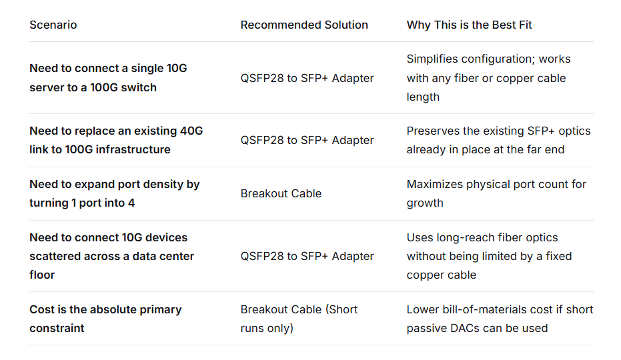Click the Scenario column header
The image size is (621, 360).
(53, 25)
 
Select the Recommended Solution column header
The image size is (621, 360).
(304, 25)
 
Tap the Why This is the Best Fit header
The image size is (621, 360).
(469, 25)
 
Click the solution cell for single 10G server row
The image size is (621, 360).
(307, 78)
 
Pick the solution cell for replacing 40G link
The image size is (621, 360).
(307, 140)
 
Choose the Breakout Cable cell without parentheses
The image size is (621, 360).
(281, 193)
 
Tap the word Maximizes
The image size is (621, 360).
(434, 184)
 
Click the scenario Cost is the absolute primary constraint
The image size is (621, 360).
(105, 319)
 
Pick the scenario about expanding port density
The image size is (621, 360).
(114, 193)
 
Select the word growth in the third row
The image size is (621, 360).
(425, 203)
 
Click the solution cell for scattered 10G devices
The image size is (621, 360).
(307, 256)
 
